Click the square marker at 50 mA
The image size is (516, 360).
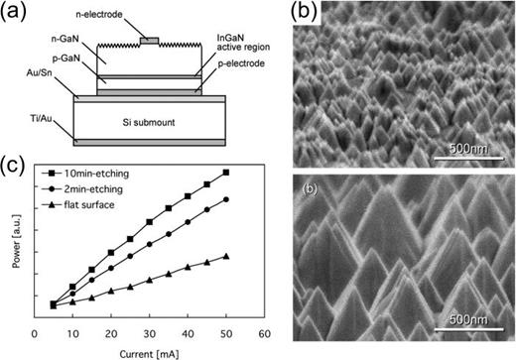click(225, 173)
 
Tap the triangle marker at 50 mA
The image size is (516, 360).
click(225, 256)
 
